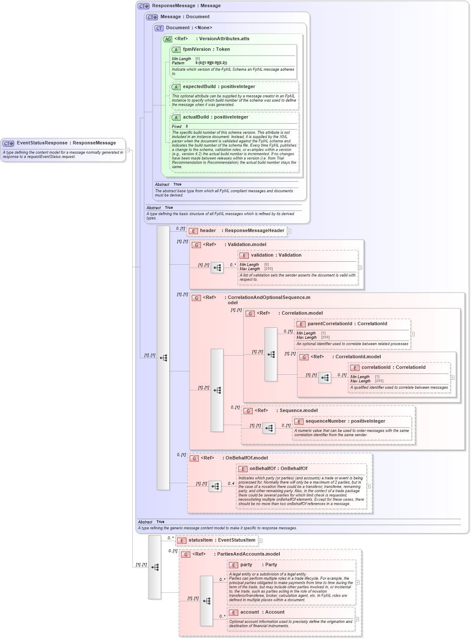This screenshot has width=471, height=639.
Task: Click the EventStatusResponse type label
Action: click(x=66, y=143)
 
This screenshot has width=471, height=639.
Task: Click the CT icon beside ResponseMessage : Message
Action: click(x=143, y=6)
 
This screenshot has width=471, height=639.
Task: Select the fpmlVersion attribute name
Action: click(x=197, y=50)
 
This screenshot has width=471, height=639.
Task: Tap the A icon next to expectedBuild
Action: click(x=176, y=87)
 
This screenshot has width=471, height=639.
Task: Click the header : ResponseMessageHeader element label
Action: click(x=242, y=231)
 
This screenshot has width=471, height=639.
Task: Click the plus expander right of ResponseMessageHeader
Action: click(x=289, y=231)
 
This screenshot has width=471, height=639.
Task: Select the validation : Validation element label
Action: click(x=276, y=255)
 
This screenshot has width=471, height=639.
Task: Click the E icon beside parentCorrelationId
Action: click(x=301, y=324)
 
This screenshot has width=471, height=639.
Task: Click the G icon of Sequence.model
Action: click(x=248, y=411)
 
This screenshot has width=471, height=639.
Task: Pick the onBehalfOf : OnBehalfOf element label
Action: click(x=278, y=469)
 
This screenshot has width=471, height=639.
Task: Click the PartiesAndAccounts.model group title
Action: click(x=248, y=554)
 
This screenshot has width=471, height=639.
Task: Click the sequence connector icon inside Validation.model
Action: click(x=217, y=268)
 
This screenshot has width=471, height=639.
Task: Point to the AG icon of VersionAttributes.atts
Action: click(x=168, y=39)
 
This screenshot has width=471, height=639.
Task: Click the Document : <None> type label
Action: click(x=189, y=28)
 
